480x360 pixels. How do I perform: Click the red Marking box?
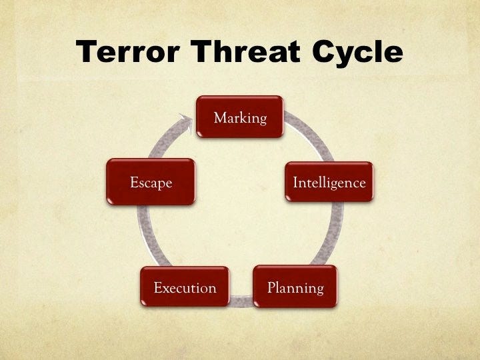239,117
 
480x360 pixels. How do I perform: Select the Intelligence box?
329,181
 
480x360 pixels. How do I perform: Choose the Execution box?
185,287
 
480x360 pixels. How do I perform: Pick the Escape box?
151,181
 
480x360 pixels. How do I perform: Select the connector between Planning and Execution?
241,303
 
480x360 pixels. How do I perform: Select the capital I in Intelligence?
296,182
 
